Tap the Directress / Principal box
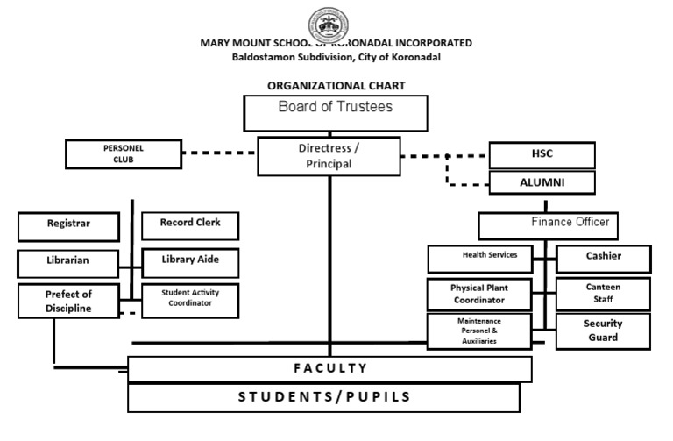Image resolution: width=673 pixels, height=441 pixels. (328, 156)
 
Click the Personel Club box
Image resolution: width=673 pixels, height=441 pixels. (123, 154)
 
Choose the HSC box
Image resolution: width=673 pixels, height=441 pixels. (542, 154)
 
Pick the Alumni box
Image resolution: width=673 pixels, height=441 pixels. (542, 182)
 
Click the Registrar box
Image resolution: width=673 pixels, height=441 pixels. (67, 224)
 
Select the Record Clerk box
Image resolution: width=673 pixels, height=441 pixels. (189, 224)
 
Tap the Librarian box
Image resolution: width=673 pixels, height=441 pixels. (67, 261)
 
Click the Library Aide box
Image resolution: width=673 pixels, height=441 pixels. (189, 261)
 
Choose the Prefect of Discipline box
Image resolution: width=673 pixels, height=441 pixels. (67, 301)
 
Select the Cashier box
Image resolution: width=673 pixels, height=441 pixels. (604, 258)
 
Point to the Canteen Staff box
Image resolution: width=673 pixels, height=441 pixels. (604, 293)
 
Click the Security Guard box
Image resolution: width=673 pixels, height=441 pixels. (604, 331)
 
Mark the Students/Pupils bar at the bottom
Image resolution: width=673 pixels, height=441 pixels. (329, 397)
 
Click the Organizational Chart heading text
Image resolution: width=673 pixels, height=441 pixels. (336, 86)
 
